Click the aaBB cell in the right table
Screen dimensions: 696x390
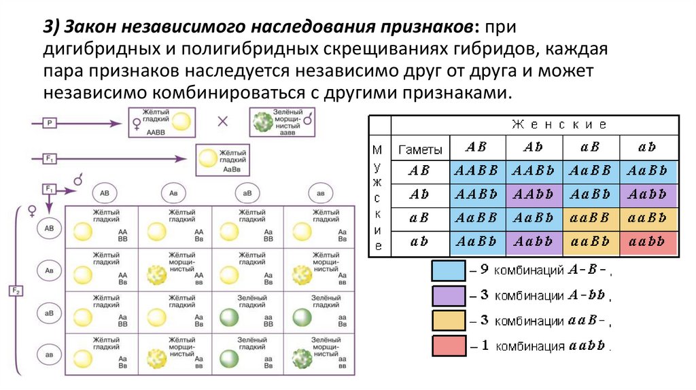coord(591,219)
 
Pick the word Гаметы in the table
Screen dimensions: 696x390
coord(420,149)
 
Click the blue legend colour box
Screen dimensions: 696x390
coord(449,270)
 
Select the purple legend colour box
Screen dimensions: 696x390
coord(449,296)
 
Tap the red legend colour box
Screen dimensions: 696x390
coord(449,345)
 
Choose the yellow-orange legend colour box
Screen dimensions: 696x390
coord(449,320)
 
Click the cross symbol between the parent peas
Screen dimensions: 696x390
coord(221,122)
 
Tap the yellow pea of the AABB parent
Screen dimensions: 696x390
coord(181,122)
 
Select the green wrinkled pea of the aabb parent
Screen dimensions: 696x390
coord(263,122)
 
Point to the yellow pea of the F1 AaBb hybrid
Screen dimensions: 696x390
coord(207,158)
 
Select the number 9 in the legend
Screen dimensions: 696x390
coord(485,269)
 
